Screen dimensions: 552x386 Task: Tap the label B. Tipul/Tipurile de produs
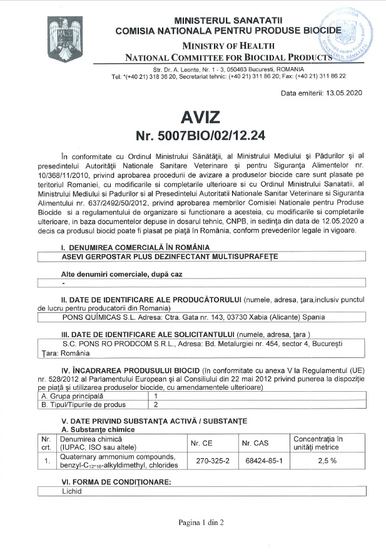tap(88, 404)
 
